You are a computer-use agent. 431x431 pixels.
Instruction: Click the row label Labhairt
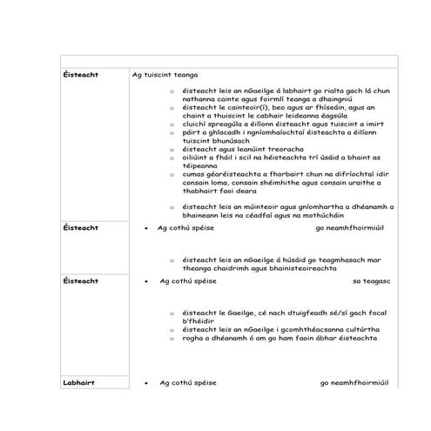(x=78, y=383)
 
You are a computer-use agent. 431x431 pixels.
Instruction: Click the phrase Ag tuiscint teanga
(x=161, y=76)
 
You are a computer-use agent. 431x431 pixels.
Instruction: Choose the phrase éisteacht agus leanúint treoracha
(x=244, y=149)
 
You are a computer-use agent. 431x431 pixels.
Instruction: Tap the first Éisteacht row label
(x=81, y=76)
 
